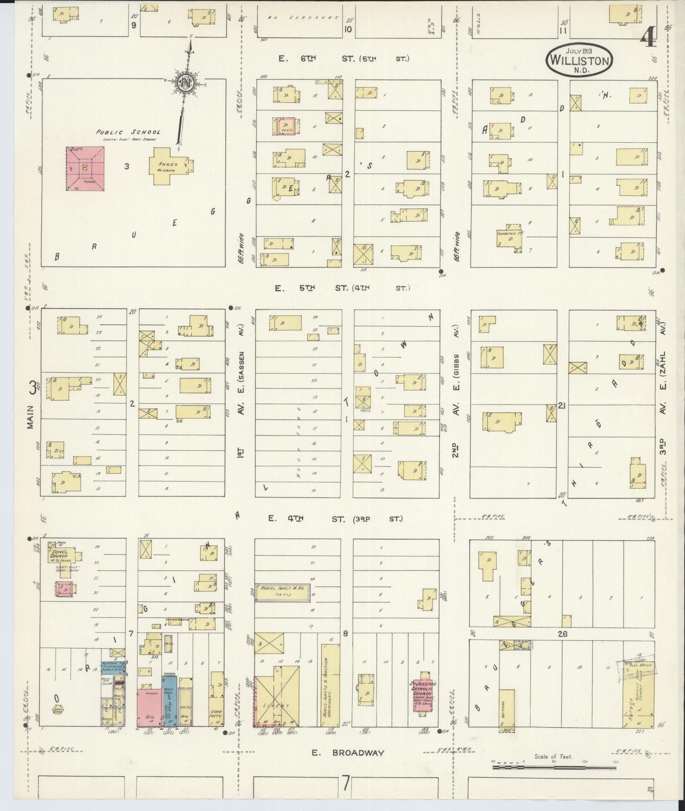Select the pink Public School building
click(x=85, y=168)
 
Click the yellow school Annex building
click(x=170, y=166)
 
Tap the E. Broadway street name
click(x=348, y=753)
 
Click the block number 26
click(x=563, y=634)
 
